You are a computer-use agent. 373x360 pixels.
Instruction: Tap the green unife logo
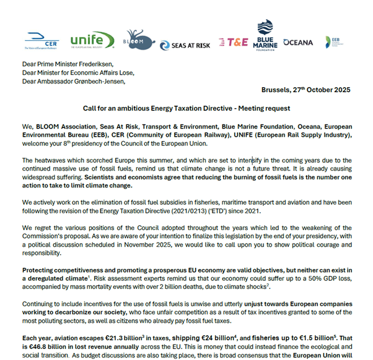[92, 40]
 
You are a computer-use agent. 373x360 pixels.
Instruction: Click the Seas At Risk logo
[185, 45]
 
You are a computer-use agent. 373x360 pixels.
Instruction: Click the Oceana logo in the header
[298, 43]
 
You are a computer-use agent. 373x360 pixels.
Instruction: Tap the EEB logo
[336, 41]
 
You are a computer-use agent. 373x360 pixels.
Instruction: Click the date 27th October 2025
[320, 90]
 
